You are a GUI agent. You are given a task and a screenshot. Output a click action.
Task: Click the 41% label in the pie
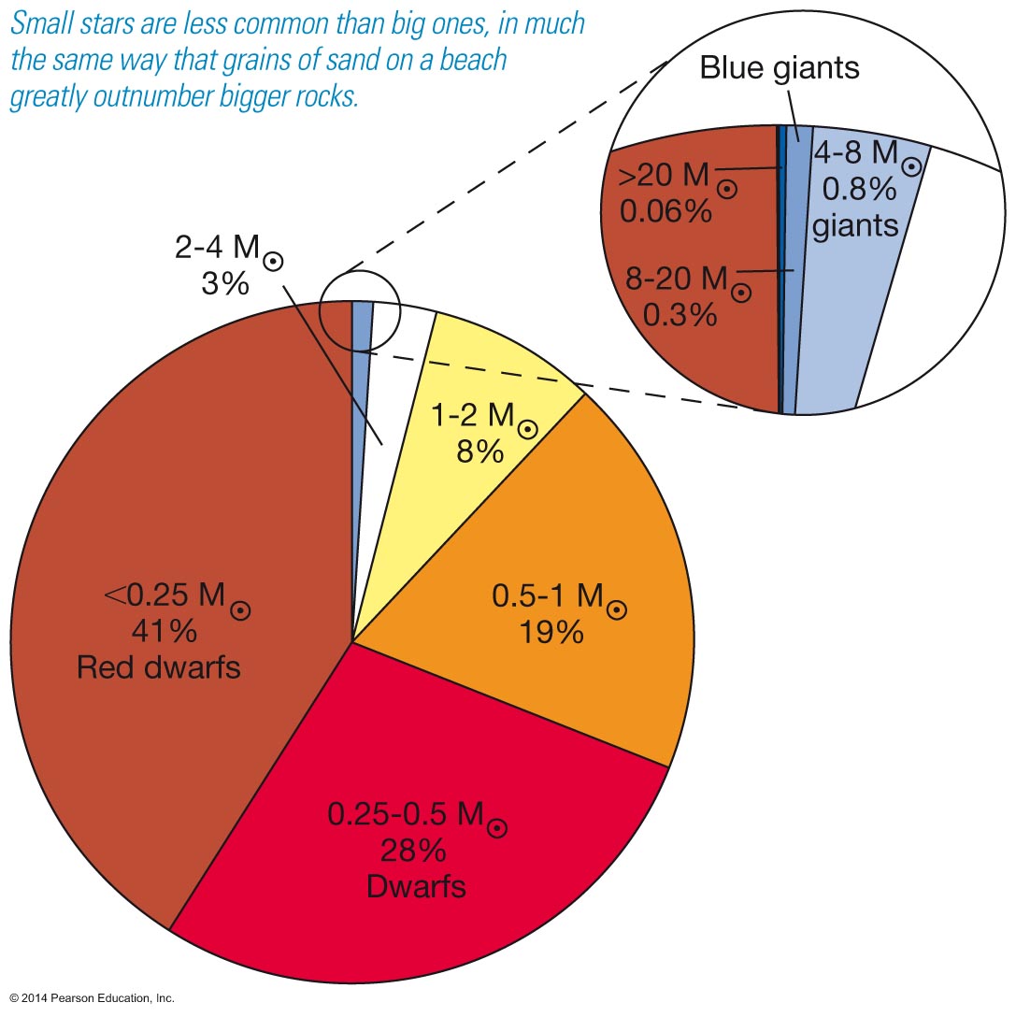pyautogui.click(x=164, y=631)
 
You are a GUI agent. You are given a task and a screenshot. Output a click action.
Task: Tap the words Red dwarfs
pyautogui.click(x=158, y=667)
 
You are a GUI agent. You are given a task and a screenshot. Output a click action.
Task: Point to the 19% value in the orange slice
pyautogui.click(x=551, y=632)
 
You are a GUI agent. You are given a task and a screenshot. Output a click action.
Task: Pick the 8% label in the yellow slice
pyautogui.click(x=479, y=451)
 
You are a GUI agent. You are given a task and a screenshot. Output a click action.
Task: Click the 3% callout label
pyautogui.click(x=225, y=283)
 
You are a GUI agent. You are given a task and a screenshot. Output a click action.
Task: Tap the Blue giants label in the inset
pyautogui.click(x=780, y=67)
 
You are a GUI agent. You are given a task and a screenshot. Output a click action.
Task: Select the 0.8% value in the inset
pyautogui.click(x=857, y=190)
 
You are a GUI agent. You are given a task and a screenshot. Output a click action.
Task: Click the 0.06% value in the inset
pyautogui.click(x=665, y=212)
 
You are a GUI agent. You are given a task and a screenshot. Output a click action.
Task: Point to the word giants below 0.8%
pyautogui.click(x=855, y=225)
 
